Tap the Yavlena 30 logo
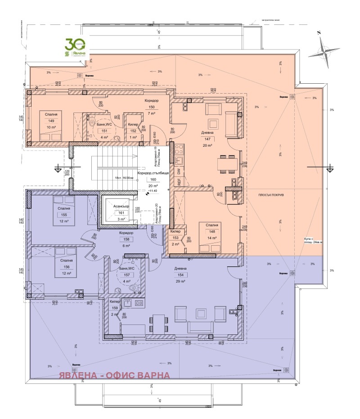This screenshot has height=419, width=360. [76, 48]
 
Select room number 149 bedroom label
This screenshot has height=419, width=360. [50, 121]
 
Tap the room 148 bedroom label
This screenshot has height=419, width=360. [212, 232]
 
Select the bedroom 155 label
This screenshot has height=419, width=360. [63, 215]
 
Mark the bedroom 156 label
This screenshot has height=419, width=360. [63, 266]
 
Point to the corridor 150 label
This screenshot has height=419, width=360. [152, 107]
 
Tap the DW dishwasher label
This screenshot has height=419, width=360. [179, 172]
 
